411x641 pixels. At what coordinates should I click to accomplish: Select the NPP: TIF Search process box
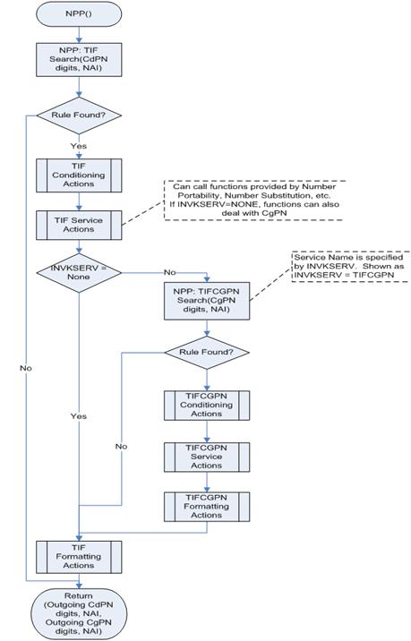80,63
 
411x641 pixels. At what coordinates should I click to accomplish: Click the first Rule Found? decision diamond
80,116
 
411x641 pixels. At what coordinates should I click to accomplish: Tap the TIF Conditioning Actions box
80,175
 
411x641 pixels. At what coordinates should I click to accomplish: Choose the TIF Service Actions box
80,225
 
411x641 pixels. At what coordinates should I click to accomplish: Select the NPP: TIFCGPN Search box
206,302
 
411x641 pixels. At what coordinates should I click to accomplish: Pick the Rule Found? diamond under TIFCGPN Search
206,352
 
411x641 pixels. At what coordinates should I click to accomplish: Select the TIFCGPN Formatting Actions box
206,508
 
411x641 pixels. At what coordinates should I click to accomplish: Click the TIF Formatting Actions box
80,557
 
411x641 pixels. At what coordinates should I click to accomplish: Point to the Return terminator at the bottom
80,612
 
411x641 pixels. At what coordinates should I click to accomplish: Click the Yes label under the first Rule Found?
80,146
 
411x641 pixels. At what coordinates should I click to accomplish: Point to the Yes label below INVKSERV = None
80,416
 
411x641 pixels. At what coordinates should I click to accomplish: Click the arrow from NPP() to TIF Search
80,35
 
